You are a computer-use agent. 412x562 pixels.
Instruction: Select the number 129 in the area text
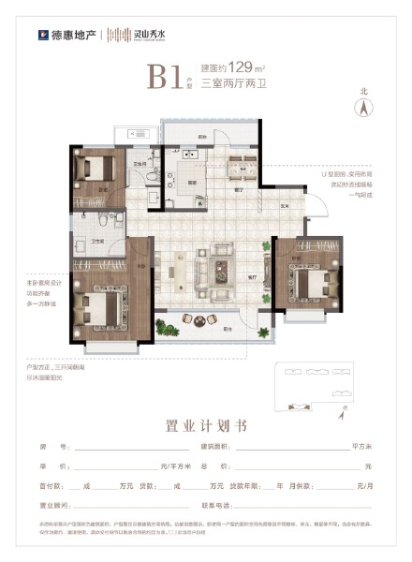(x=242, y=68)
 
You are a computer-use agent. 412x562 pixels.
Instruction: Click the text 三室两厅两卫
(x=228, y=85)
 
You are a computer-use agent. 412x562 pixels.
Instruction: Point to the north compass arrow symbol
(x=357, y=106)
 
